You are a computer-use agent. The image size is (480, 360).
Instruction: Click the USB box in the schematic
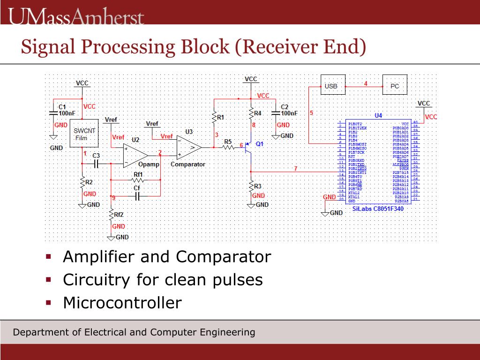pos(330,86)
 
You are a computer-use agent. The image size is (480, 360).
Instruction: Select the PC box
pos(395,86)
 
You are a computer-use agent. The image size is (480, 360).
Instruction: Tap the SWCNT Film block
pos(84,133)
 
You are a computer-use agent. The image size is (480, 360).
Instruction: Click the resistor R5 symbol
pos(228,147)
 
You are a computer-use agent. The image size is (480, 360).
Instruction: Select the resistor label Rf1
pos(138,174)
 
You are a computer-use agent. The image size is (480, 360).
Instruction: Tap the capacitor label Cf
pos(137,188)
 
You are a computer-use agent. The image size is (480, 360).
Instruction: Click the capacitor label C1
pos(62,106)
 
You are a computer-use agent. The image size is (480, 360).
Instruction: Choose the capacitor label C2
pos(284,106)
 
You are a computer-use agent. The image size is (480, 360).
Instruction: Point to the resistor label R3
pos(258,186)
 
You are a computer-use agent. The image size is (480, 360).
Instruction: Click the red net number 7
pos(295,168)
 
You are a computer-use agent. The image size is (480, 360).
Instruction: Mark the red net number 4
pos(366,83)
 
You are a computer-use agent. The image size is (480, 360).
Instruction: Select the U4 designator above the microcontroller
pos(378,115)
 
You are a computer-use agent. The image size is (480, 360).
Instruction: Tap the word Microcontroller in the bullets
pos(122,303)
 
